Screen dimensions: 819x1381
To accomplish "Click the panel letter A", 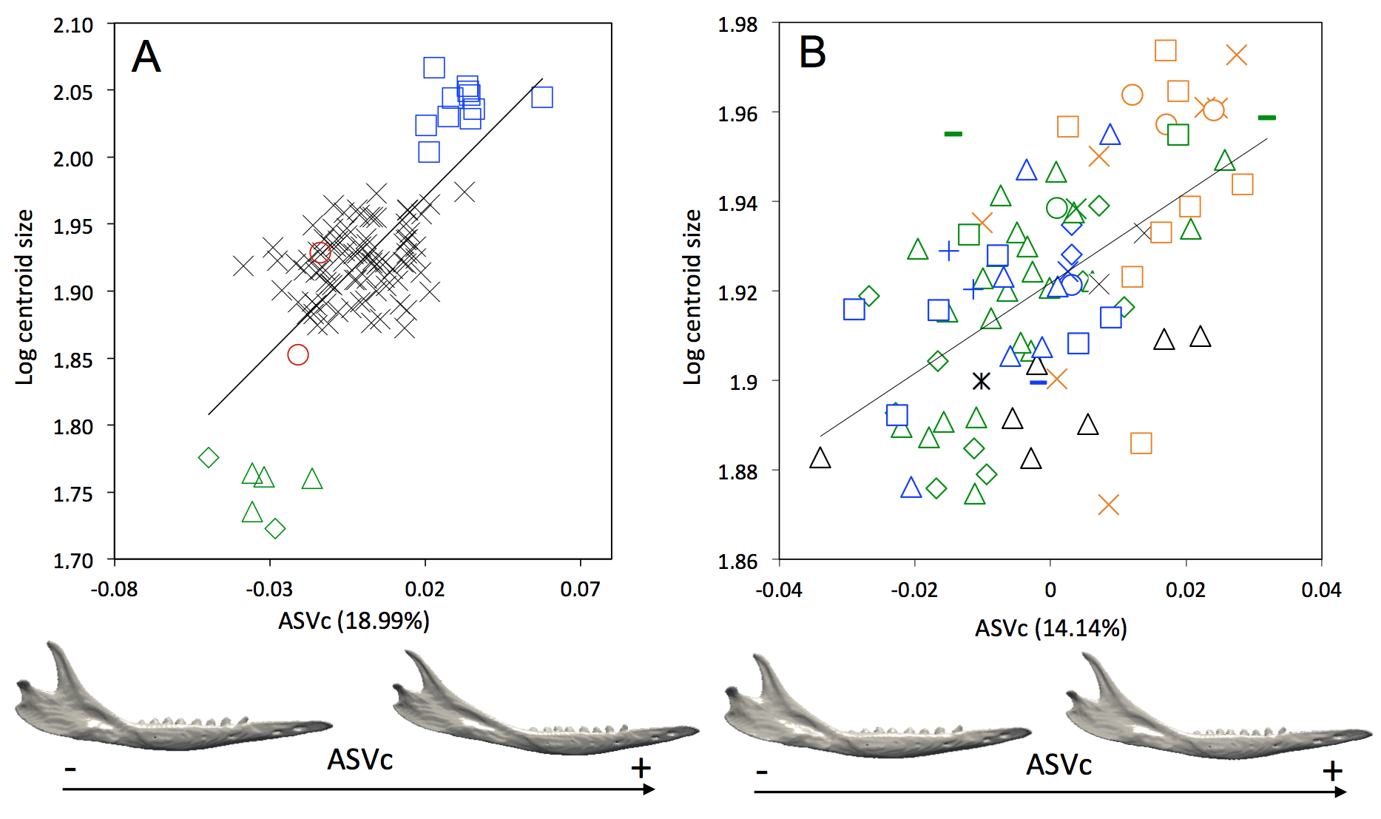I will point(146,57).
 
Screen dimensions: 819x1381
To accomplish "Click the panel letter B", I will point(812,53).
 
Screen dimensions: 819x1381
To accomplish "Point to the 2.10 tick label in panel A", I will point(73,25).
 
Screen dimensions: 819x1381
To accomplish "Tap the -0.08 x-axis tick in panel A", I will point(114,590).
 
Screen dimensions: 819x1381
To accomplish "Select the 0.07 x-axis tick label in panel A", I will point(580,590).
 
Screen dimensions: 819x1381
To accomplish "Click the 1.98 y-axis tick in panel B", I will point(738,24).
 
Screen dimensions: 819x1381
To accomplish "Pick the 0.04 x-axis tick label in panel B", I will point(1321,590).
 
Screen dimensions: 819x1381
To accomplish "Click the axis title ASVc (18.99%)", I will point(354,621).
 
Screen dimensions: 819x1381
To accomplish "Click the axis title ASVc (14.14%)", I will point(1050,629).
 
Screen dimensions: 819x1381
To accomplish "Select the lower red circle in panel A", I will point(298,355).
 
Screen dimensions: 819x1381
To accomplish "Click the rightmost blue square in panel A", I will point(542,97).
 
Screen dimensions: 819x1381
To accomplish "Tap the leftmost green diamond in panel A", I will point(209,458).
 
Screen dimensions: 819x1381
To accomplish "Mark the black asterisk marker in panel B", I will point(981,381).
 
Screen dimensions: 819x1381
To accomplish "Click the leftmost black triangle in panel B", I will point(820,459).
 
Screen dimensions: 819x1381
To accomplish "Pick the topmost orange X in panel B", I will point(1236,55).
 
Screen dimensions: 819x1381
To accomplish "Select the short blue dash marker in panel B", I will point(1039,382).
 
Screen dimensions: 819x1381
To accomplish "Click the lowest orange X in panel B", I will point(1108,505).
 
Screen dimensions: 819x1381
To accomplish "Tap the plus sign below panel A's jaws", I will point(641,768).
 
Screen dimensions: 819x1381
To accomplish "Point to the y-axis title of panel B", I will point(692,296).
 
